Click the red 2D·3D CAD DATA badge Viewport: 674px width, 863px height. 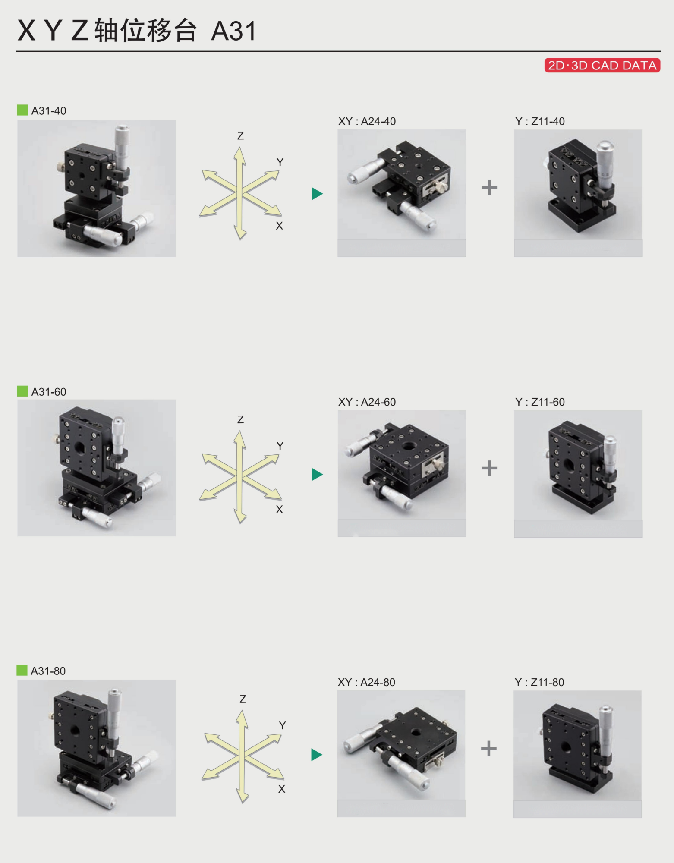pos(602,65)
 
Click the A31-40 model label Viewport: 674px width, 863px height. pos(49,111)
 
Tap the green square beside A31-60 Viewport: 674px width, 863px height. pos(22,391)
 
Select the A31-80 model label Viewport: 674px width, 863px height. pos(48,671)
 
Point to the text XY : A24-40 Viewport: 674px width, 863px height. pos(367,121)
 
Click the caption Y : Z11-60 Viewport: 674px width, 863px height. pos(540,402)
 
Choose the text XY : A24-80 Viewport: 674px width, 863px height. pos(366,682)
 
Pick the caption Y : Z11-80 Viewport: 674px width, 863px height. pos(539,682)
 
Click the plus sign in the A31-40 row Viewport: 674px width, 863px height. pos(489,187)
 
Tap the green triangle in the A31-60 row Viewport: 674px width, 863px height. pos(317,474)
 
